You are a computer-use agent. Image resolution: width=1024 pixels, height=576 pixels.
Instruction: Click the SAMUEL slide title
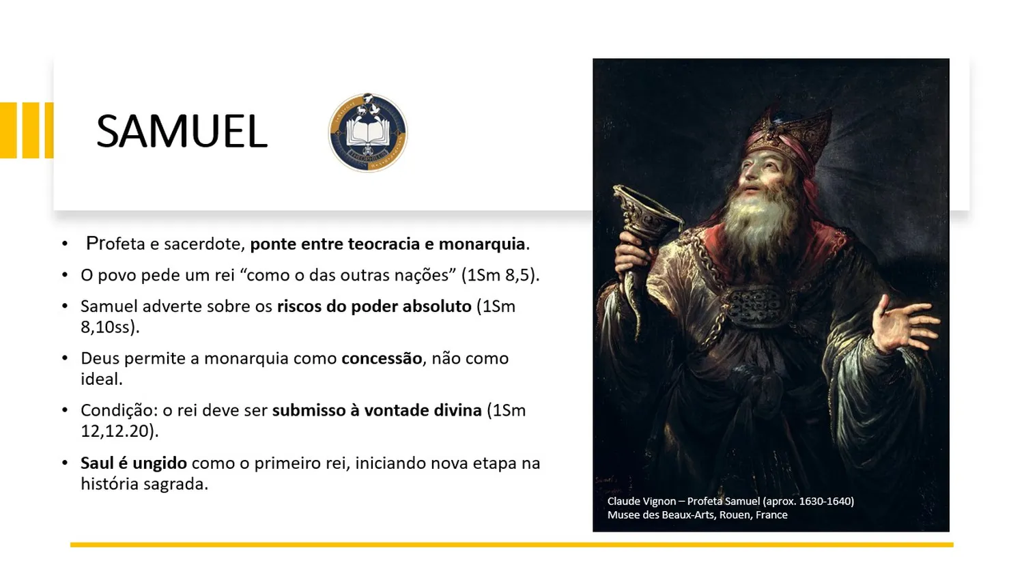pos(182,131)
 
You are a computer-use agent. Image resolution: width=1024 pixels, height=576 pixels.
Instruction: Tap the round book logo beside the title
pos(368,132)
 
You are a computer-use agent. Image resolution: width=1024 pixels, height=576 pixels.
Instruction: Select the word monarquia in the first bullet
pos(482,244)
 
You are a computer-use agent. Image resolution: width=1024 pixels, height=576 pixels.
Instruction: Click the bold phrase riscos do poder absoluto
pos(374,306)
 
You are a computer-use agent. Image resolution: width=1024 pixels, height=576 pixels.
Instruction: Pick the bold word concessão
pos(382,358)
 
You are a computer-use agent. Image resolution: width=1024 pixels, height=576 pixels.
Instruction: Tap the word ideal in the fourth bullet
pos(100,379)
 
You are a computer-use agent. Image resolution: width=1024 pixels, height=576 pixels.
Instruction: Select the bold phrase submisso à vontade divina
pos(377,410)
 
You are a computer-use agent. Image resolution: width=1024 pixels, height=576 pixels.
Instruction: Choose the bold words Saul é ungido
pos(134,463)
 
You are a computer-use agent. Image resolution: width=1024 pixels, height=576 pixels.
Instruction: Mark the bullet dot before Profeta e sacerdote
pos(65,244)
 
